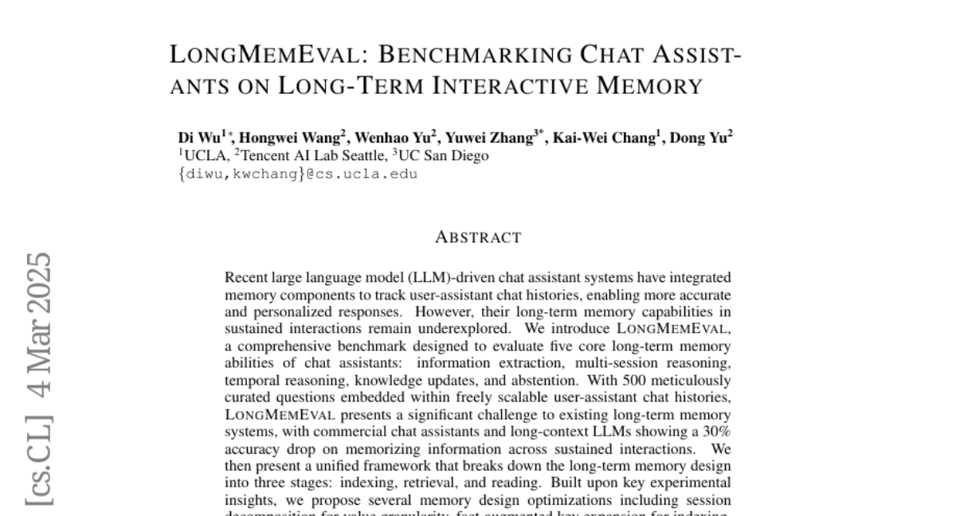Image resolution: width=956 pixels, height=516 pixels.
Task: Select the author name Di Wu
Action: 200,138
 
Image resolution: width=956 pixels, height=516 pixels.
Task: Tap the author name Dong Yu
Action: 698,138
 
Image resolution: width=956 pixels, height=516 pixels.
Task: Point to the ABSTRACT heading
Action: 478,237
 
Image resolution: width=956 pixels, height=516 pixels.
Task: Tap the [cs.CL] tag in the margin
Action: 38,460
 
